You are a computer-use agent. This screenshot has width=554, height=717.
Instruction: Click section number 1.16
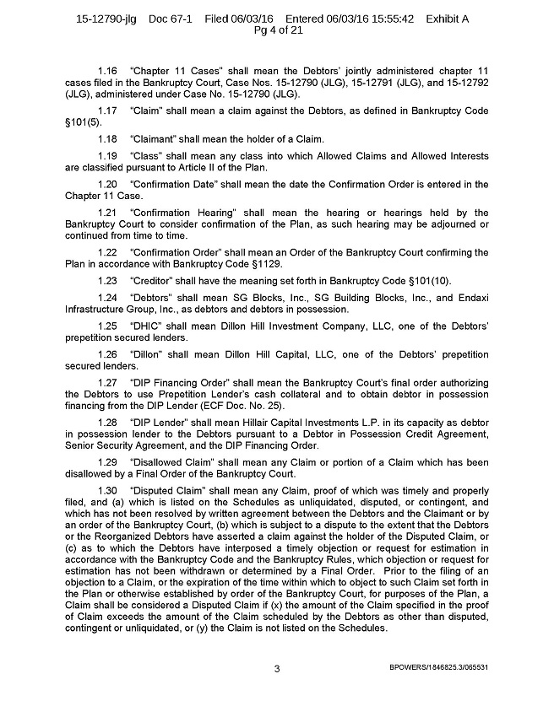coord(108,90)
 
